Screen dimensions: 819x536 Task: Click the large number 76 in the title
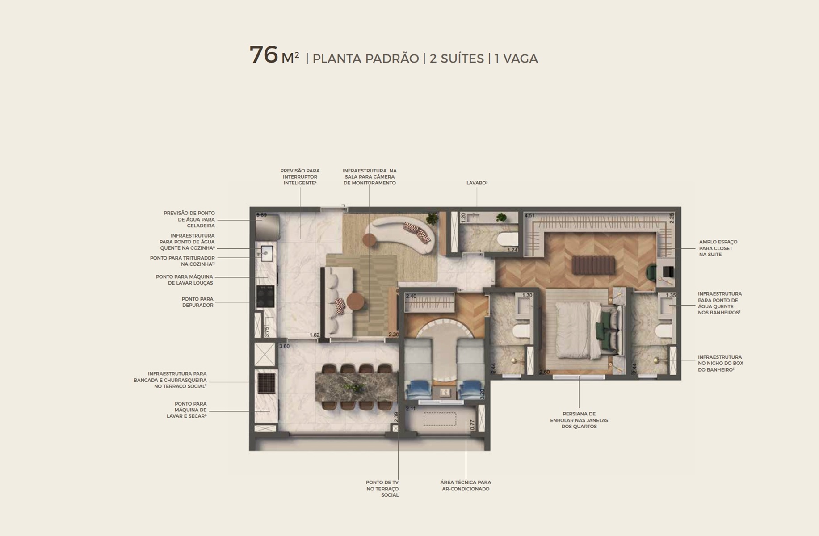click(264, 55)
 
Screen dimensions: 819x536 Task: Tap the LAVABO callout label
click(477, 183)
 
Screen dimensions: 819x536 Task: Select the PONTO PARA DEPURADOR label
click(197, 302)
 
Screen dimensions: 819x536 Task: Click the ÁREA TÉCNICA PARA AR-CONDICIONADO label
click(466, 486)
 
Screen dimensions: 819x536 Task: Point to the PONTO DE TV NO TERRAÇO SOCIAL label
click(382, 489)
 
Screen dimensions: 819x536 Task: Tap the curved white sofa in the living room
click(400, 235)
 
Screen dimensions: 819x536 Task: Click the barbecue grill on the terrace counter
click(267, 383)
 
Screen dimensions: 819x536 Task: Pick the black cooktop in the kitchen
click(265, 296)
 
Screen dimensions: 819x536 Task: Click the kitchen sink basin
click(265, 254)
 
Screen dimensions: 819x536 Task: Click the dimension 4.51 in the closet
click(529, 215)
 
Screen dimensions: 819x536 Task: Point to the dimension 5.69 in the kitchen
click(261, 215)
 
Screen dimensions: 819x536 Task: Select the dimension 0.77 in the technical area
click(473, 425)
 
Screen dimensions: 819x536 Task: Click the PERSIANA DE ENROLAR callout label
click(579, 420)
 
